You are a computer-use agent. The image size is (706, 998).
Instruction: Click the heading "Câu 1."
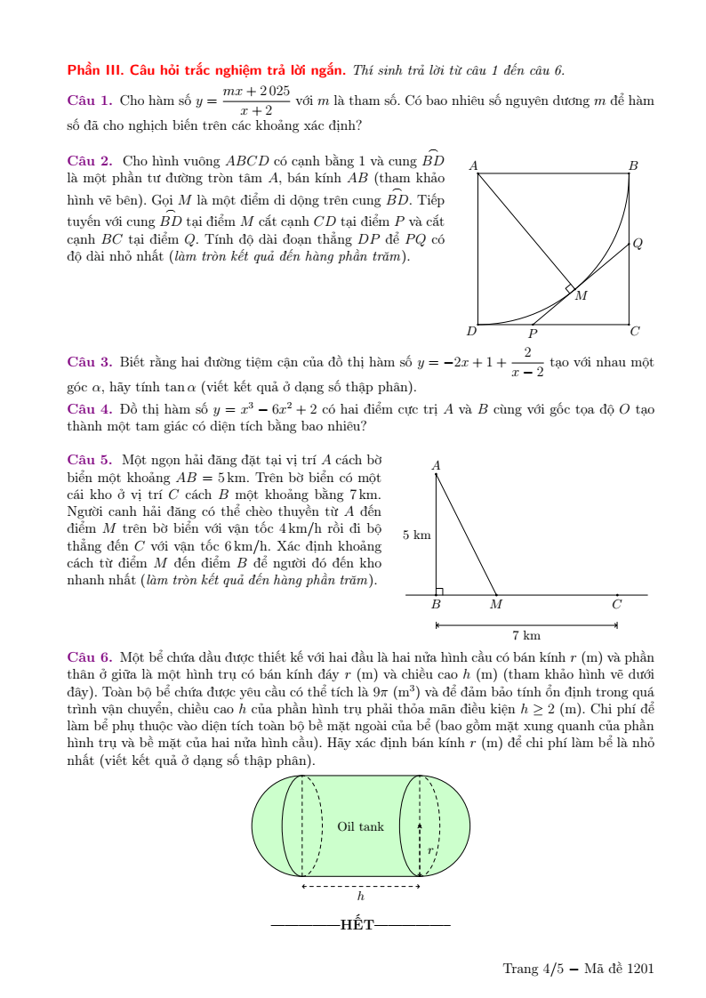click(90, 101)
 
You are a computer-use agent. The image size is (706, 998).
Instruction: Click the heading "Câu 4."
click(90, 409)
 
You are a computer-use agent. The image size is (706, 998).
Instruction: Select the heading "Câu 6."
click(90, 656)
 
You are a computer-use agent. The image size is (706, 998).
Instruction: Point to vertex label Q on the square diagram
click(638, 243)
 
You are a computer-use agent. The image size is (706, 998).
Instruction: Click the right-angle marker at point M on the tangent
click(570, 288)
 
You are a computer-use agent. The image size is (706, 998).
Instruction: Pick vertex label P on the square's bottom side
click(533, 334)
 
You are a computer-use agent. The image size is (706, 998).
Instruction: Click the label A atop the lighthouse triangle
click(436, 464)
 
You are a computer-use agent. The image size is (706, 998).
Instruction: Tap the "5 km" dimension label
click(417, 535)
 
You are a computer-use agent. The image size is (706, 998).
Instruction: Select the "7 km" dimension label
click(526, 635)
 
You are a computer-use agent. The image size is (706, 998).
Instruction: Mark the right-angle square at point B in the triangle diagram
click(439, 591)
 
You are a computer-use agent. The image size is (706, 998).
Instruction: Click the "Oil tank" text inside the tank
click(361, 826)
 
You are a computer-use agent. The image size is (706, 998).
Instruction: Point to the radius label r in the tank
click(430, 850)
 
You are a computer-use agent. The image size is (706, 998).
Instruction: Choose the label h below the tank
click(360, 897)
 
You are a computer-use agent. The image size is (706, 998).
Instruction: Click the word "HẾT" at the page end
click(357, 925)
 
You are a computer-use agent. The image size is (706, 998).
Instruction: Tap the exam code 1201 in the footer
click(640, 969)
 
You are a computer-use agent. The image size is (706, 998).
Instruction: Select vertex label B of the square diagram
click(633, 165)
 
